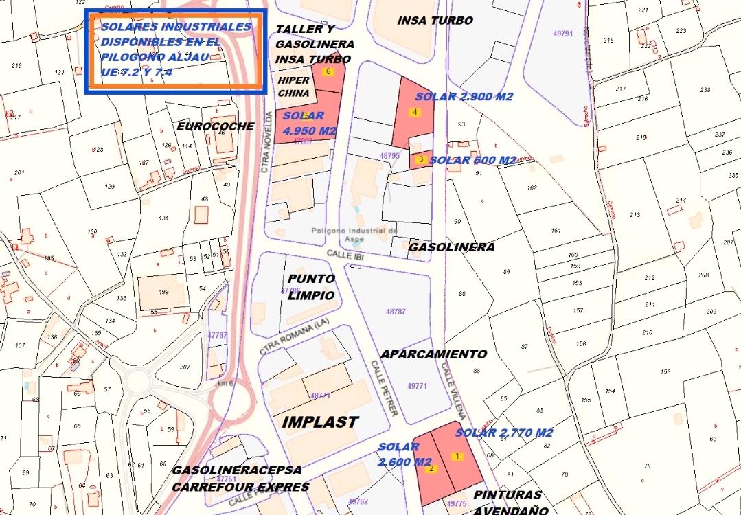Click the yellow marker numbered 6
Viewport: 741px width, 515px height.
pyautogui.click(x=329, y=71)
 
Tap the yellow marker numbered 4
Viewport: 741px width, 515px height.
pyautogui.click(x=415, y=112)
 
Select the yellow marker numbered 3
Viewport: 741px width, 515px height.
pyautogui.click(x=420, y=159)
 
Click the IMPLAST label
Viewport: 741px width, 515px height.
pyautogui.click(x=320, y=422)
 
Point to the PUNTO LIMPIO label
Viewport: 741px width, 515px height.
pyautogui.click(x=311, y=287)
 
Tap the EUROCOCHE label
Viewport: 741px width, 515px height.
pyautogui.click(x=215, y=126)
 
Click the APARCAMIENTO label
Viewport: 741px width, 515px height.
pyautogui.click(x=433, y=354)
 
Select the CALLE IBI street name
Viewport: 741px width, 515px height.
pyautogui.click(x=344, y=255)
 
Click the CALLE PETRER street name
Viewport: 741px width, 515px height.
pyautogui.click(x=384, y=388)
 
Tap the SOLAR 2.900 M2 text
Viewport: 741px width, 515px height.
pyautogui.click(x=464, y=97)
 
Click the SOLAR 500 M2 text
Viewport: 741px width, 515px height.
pyautogui.click(x=472, y=160)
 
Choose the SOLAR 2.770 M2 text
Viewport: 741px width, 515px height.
pyautogui.click(x=503, y=433)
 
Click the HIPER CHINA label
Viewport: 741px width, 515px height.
pyautogui.click(x=293, y=87)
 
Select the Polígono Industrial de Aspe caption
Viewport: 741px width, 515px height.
pyautogui.click(x=354, y=236)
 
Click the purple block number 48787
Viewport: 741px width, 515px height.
pyautogui.click(x=396, y=312)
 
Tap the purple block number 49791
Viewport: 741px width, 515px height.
pyautogui.click(x=562, y=33)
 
